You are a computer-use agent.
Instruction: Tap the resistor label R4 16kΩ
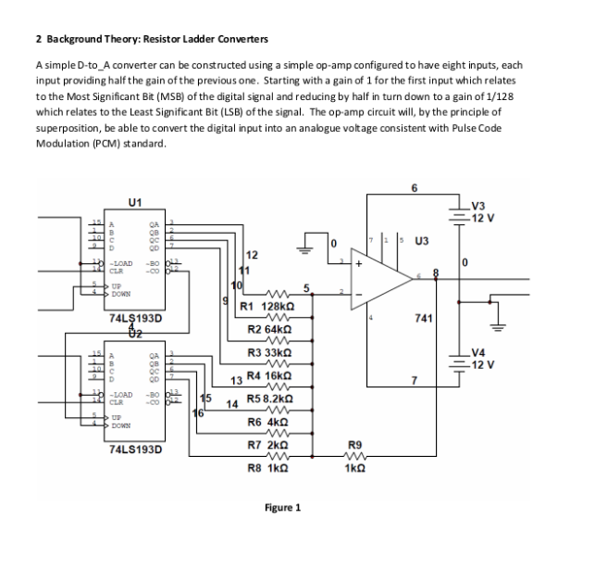tap(270, 378)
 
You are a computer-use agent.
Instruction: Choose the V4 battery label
tap(510, 351)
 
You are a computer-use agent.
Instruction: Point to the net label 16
tap(197, 412)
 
